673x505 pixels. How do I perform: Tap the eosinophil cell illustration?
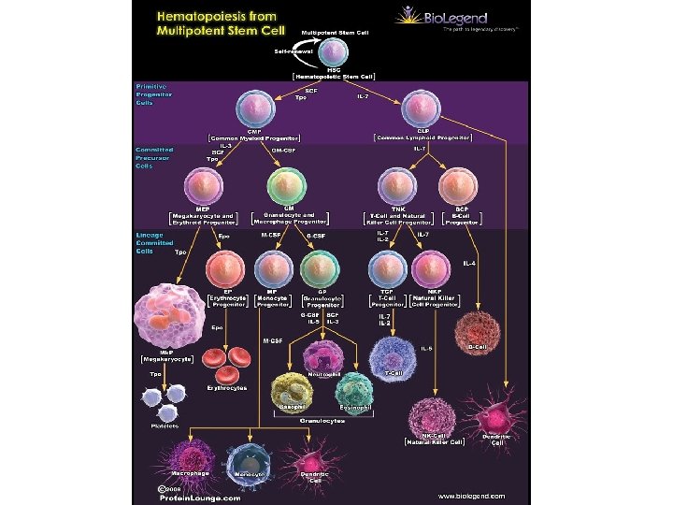pyautogui.click(x=356, y=390)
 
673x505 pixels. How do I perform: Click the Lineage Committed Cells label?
pyautogui.click(x=150, y=242)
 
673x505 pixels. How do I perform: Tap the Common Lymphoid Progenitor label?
pyautogui.click(x=423, y=137)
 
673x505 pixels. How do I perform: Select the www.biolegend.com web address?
pyautogui.click(x=471, y=495)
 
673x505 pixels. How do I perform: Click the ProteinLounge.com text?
pyautogui.click(x=198, y=498)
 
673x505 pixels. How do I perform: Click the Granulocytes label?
pyautogui.click(x=322, y=421)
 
